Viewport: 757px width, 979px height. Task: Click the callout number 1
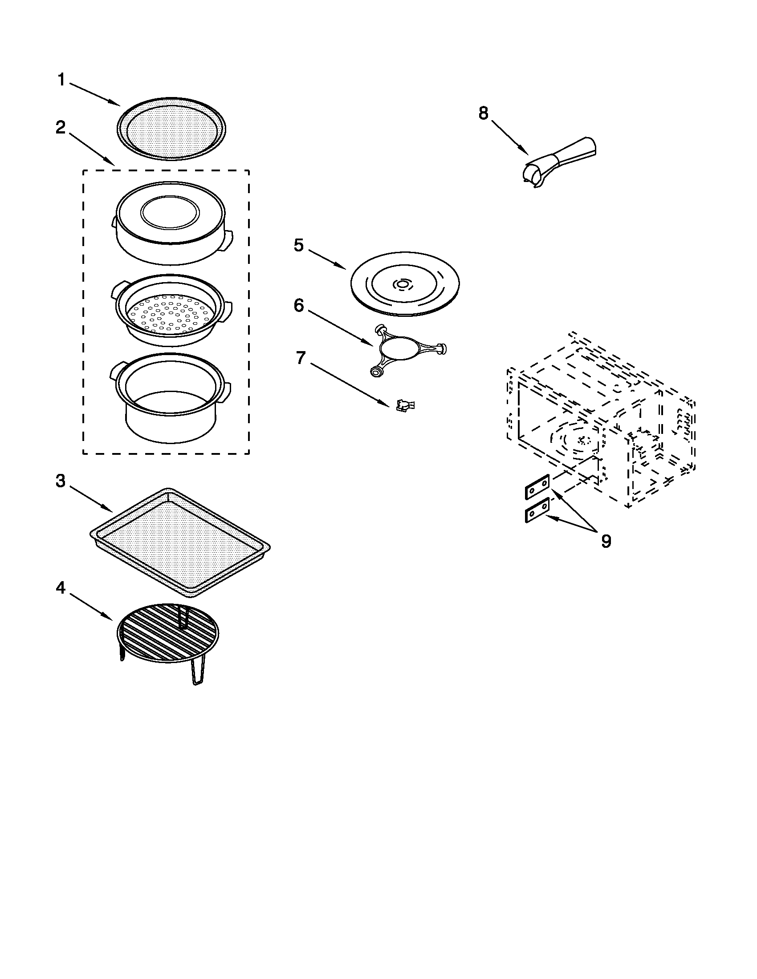(x=61, y=81)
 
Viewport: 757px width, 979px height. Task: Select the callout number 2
(x=61, y=128)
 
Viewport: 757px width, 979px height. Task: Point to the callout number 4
(x=61, y=588)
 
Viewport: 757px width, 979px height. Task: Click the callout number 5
(x=299, y=245)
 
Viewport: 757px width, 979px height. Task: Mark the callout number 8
(x=483, y=113)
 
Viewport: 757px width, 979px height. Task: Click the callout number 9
(x=606, y=542)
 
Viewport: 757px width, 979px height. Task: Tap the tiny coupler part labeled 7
(x=405, y=406)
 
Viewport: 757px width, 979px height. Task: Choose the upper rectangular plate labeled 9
(x=537, y=486)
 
